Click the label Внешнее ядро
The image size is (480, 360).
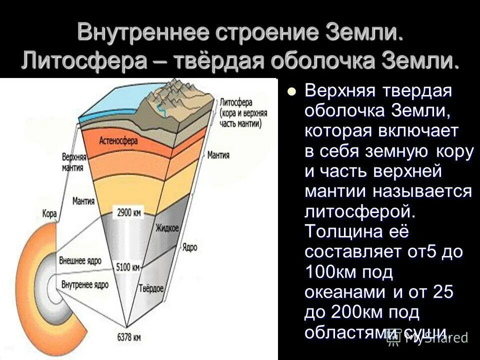coord(80,261)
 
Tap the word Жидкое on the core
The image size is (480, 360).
coord(166,228)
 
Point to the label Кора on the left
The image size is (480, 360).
coord(50,214)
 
